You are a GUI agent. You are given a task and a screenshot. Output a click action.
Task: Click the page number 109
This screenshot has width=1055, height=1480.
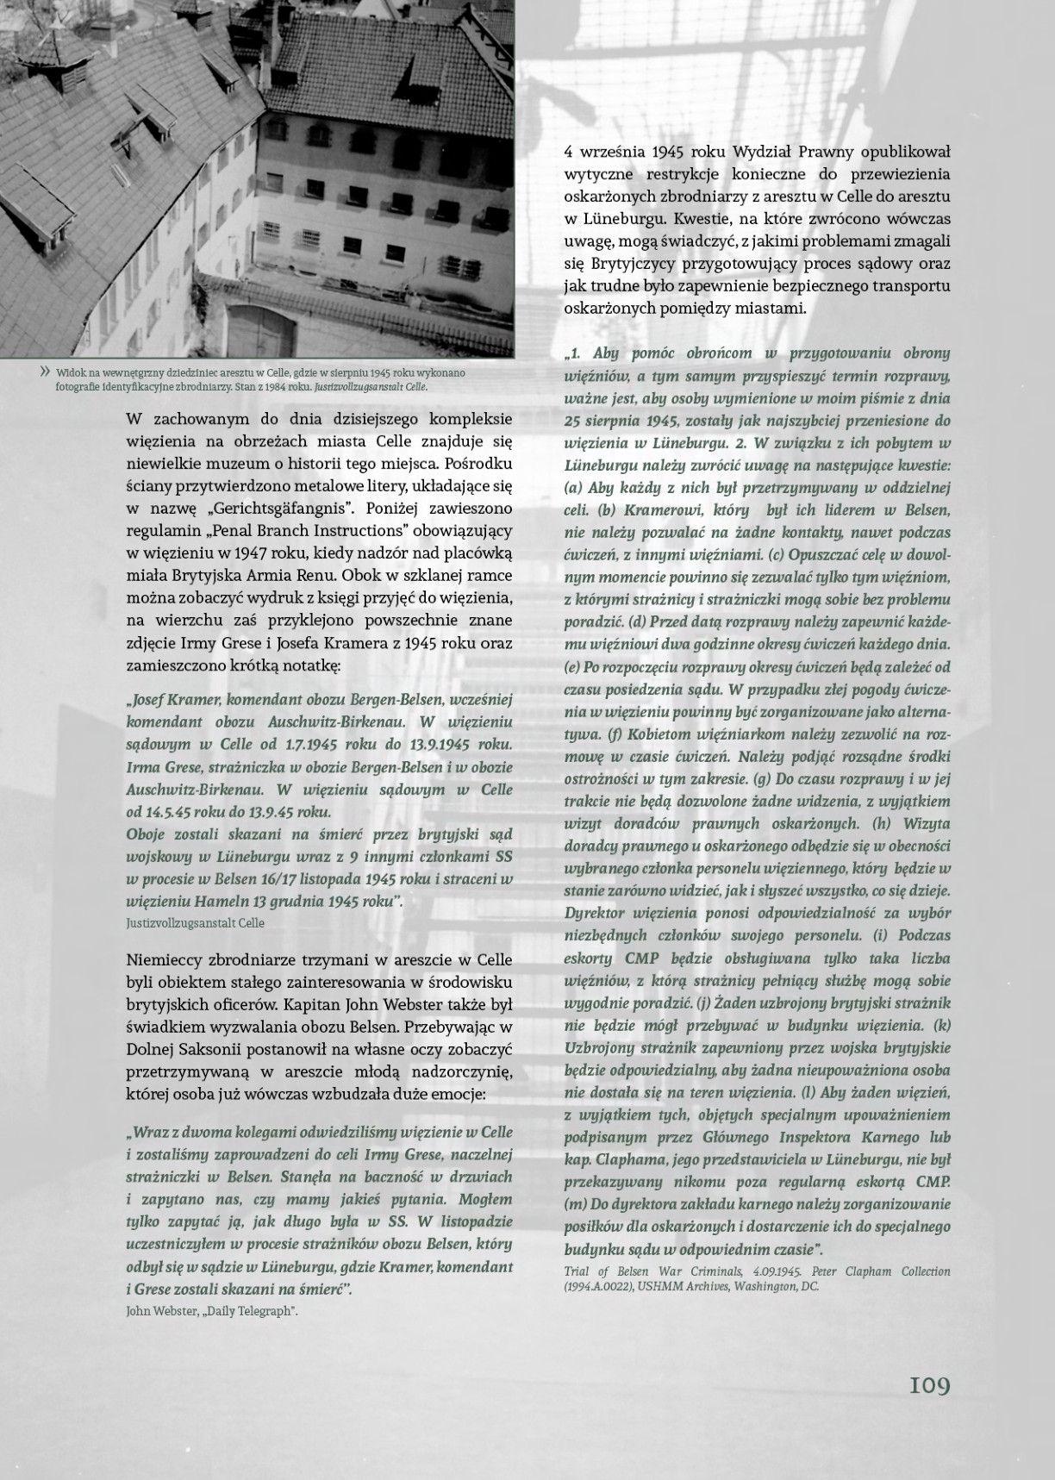928,1386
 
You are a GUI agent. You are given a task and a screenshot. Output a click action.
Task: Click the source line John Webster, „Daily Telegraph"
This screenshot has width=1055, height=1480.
212,1311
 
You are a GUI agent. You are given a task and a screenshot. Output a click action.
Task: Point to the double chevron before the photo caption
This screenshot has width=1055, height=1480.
44,372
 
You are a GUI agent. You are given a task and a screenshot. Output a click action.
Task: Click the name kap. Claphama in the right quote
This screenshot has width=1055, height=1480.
608,1160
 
